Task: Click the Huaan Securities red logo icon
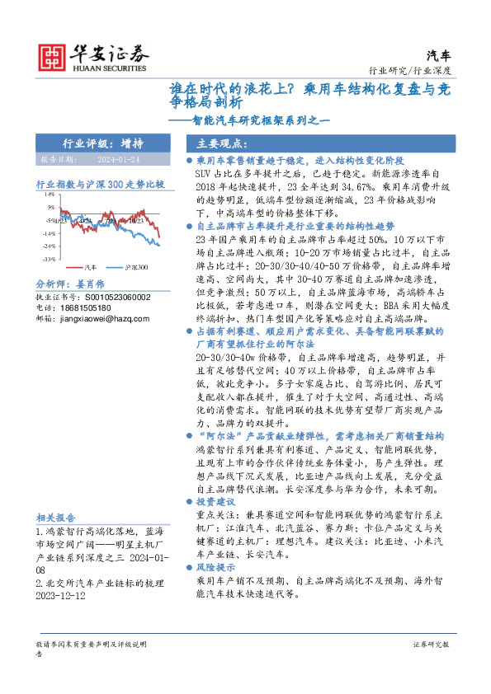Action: pos(54,57)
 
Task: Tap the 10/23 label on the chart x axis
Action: pos(135,221)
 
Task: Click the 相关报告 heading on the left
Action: pos(56,518)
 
